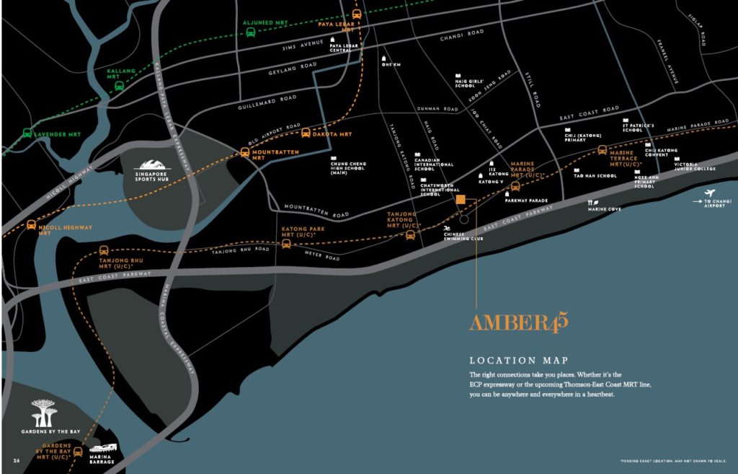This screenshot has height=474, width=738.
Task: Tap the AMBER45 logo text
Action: coord(518,322)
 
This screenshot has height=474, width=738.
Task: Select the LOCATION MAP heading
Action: coord(518,360)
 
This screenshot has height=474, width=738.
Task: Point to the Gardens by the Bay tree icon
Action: coord(45,412)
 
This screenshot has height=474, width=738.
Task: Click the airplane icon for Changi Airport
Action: coord(711,193)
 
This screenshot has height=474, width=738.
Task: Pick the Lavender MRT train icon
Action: coord(27,133)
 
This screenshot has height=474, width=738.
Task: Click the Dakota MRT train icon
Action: coord(306,133)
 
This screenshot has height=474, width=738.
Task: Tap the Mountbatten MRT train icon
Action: coord(245,152)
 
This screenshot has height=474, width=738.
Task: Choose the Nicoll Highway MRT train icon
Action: coord(31,225)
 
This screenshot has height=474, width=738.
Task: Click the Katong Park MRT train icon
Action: coord(286,244)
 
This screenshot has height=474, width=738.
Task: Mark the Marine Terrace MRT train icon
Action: coord(602,151)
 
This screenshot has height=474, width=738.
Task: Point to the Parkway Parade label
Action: coord(528,201)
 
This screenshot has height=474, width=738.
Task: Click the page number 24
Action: coord(16,460)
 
